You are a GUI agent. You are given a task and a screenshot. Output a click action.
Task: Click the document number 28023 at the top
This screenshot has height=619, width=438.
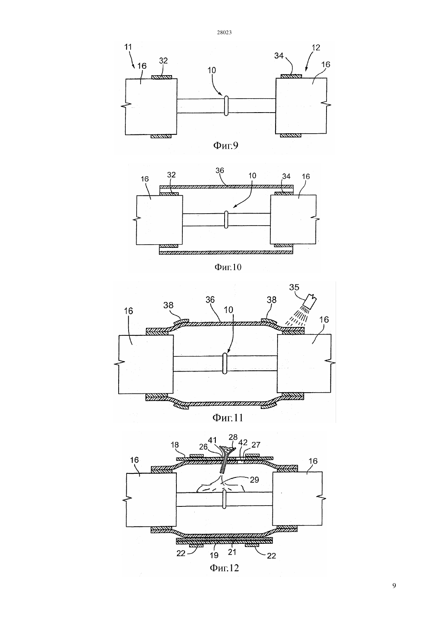[x=224, y=32]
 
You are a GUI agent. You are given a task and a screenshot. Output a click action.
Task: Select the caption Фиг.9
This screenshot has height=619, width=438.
[x=226, y=145]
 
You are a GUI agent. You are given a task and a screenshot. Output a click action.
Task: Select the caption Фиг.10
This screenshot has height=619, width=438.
[x=228, y=267]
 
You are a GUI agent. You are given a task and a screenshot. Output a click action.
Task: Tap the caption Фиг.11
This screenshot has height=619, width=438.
[x=228, y=418]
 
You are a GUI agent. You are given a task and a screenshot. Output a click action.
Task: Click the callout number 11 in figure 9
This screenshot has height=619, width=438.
[x=128, y=47]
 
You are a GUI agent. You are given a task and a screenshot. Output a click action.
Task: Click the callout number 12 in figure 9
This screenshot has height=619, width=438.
[x=316, y=47]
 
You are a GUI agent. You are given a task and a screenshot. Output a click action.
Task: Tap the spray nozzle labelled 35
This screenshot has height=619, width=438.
[x=310, y=302]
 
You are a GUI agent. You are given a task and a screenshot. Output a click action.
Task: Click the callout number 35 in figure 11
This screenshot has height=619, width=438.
[x=294, y=287]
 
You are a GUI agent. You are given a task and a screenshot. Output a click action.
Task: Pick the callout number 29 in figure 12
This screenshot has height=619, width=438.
[x=254, y=480]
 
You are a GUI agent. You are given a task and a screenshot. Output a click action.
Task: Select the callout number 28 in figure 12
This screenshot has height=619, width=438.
[x=233, y=437]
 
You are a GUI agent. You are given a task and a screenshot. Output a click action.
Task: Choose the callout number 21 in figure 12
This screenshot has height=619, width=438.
[x=232, y=552]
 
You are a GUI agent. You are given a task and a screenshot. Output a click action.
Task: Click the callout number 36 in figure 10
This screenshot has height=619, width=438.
[x=220, y=171]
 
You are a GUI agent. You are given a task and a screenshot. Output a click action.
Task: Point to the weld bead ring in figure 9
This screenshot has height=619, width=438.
[x=226, y=106]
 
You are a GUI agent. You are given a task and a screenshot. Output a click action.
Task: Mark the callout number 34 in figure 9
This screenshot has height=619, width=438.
[x=279, y=56]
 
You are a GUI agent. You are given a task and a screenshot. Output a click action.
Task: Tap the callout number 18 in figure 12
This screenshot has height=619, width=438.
[x=175, y=445]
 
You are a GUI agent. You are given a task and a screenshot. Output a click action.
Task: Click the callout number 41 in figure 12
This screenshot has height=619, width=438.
[x=212, y=440]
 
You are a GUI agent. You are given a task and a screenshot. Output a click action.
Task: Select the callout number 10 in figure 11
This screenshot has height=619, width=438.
[x=229, y=310]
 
